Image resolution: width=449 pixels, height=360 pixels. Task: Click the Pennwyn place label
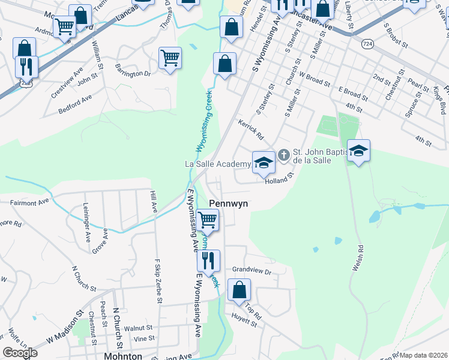pyautogui.click(x=228, y=204)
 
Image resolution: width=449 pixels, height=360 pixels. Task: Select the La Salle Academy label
pyautogui.click(x=217, y=164)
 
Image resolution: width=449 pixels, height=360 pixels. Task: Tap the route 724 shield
pyautogui.click(x=366, y=44)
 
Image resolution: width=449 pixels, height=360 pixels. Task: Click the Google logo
pyautogui.click(x=20, y=353)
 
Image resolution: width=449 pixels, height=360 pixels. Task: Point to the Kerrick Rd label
pyautogui.click(x=251, y=132)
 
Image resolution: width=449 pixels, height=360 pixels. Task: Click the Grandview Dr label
pyautogui.click(x=252, y=271)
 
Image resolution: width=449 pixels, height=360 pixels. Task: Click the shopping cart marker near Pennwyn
pyautogui.click(x=207, y=220)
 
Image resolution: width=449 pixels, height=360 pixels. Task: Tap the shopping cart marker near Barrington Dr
pyautogui.click(x=170, y=58)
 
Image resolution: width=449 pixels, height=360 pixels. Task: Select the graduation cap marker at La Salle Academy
pyautogui.click(x=263, y=162)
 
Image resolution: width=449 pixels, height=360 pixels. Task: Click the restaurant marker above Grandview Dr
pyautogui.click(x=208, y=260)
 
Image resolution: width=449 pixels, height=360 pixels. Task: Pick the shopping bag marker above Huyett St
pyautogui.click(x=239, y=290)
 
